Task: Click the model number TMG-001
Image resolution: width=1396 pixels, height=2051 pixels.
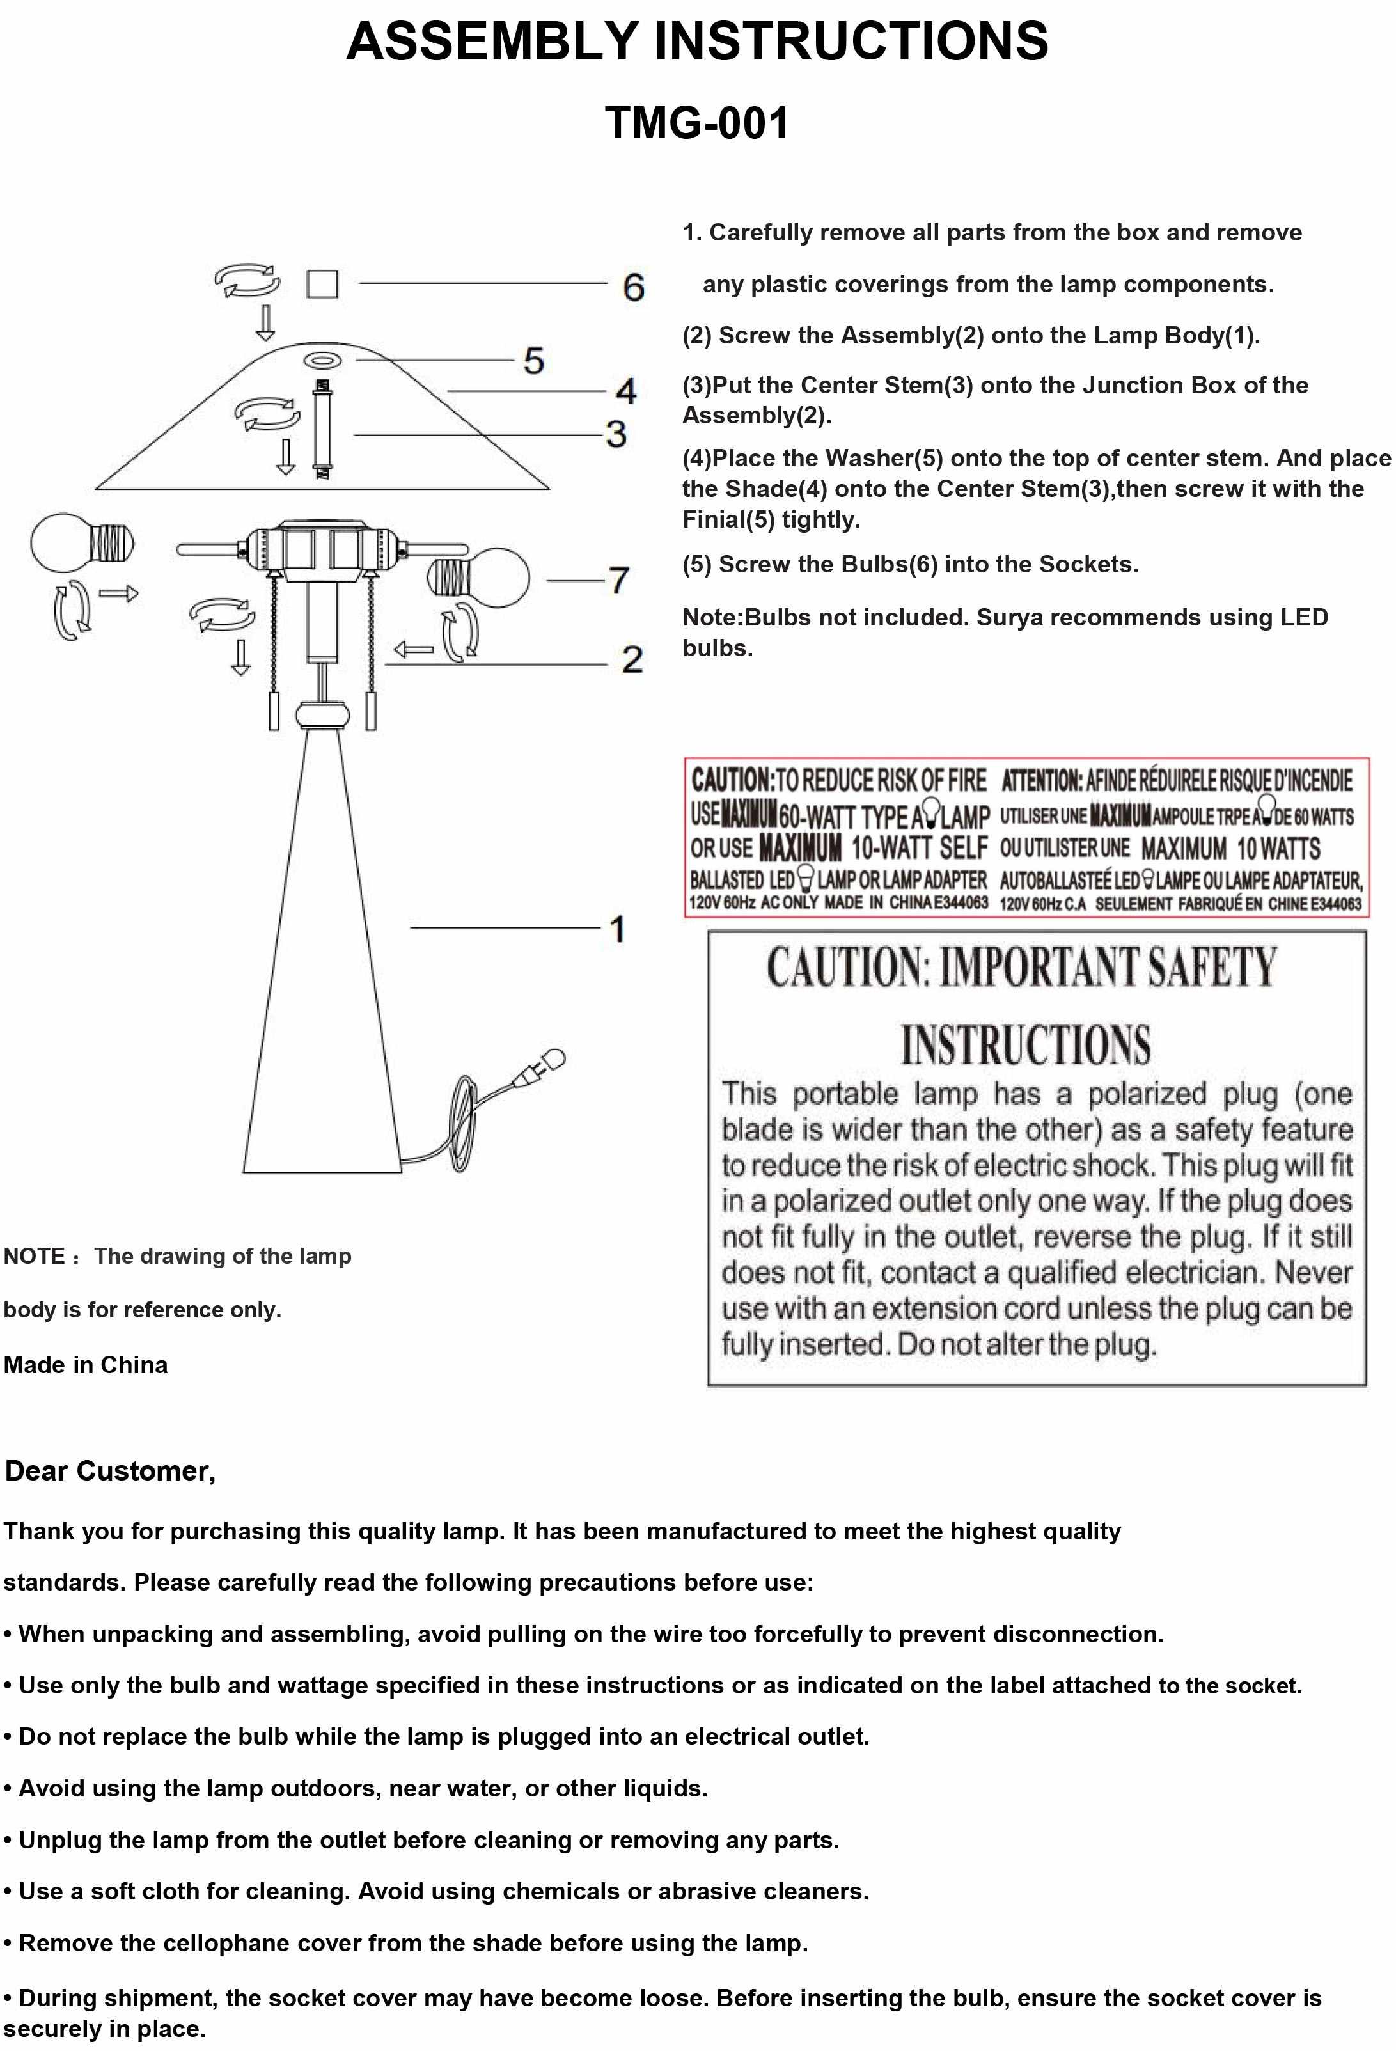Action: click(x=697, y=123)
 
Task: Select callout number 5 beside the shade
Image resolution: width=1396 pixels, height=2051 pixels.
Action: click(x=534, y=360)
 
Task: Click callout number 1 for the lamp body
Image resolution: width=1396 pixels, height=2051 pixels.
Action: click(x=618, y=929)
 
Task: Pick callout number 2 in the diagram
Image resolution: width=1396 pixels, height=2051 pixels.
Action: click(x=632, y=659)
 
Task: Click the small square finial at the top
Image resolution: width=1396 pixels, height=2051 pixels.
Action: click(x=322, y=284)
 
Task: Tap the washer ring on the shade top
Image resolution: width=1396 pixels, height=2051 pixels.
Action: click(x=323, y=360)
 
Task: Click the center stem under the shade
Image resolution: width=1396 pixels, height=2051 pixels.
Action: click(x=323, y=429)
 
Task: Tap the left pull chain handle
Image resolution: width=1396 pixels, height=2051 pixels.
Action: click(x=274, y=711)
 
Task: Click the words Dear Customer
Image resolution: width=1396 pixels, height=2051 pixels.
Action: click(x=110, y=1471)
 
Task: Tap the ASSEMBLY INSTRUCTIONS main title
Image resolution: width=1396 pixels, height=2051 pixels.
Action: click(x=697, y=42)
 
